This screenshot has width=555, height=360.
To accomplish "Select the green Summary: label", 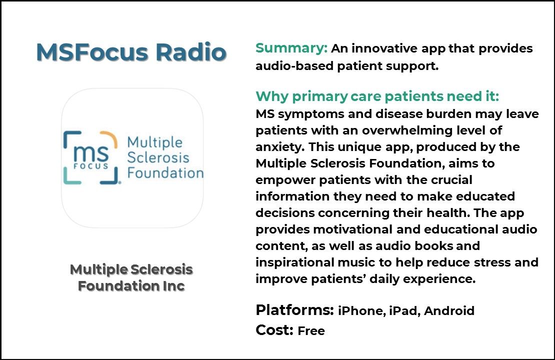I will [x=291, y=48].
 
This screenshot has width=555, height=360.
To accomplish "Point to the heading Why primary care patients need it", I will [x=377, y=96].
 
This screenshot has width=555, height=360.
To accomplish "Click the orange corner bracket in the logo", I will [x=108, y=139].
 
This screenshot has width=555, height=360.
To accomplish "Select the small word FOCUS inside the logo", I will [x=90, y=166].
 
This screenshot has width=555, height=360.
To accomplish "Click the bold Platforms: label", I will [x=294, y=310].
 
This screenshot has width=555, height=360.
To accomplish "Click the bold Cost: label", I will [x=274, y=330].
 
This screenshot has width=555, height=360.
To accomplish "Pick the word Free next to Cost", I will [x=311, y=331].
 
